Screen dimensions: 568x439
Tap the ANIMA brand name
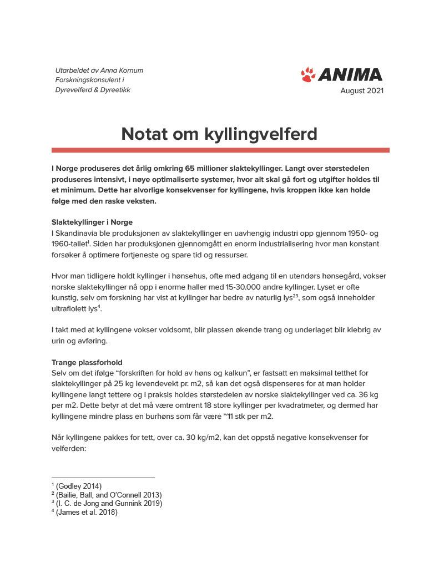click(x=350, y=75)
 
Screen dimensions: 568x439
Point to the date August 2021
click(x=362, y=91)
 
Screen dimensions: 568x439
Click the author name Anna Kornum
click(x=122, y=70)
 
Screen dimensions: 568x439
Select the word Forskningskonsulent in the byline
click(x=85, y=80)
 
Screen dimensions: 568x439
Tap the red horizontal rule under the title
click(x=220, y=150)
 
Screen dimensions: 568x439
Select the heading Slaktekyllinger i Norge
click(x=92, y=222)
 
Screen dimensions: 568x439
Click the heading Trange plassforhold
click(x=87, y=362)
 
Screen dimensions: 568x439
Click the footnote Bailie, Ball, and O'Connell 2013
click(x=109, y=495)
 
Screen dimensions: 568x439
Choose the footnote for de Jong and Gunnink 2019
click(x=109, y=503)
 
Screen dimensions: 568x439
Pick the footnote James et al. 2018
click(x=87, y=512)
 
